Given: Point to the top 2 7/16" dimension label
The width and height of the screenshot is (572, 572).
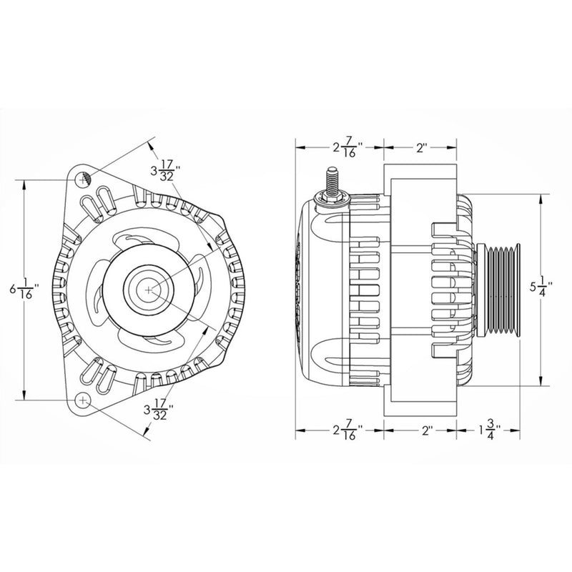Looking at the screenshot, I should click(347, 148).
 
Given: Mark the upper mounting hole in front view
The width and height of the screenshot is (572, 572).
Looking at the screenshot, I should click(84, 179).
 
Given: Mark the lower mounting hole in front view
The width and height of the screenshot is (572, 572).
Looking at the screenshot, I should click(84, 399).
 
